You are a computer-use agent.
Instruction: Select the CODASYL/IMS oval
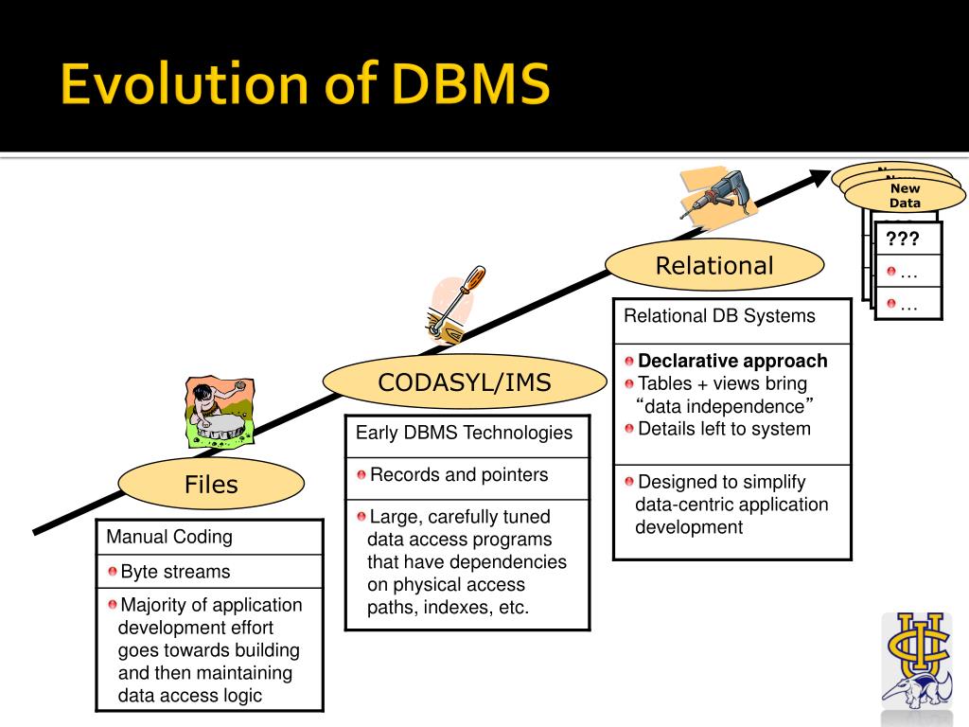click(464, 382)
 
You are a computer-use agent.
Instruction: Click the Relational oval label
click(714, 266)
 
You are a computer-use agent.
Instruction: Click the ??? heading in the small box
click(903, 239)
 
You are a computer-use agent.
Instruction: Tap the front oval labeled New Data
click(905, 196)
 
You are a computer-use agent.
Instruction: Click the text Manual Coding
click(169, 537)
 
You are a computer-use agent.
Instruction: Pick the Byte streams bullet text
click(175, 572)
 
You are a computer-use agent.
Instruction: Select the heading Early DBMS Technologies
click(464, 433)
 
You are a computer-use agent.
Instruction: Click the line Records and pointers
click(459, 474)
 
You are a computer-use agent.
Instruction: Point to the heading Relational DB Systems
click(719, 315)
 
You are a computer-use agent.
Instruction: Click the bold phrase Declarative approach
click(732, 361)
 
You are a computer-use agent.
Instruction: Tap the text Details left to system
click(724, 429)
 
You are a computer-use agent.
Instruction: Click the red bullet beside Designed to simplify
click(629, 482)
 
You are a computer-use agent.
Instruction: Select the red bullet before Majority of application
click(113, 605)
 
